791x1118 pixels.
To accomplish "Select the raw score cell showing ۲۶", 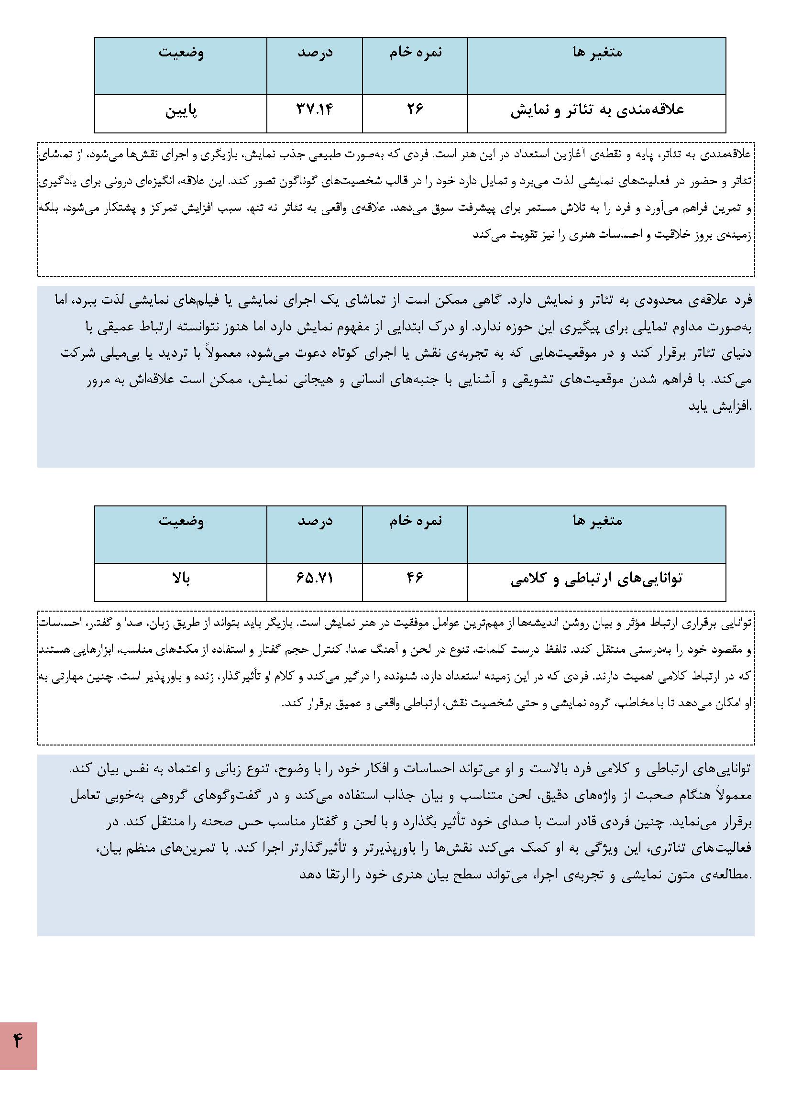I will (x=415, y=110).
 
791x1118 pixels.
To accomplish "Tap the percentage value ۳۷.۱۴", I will (x=315, y=110).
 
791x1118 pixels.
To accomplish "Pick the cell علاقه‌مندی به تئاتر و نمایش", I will (x=597, y=110).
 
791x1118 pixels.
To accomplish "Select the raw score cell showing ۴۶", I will (x=415, y=578).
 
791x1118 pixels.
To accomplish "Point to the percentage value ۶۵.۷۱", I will (x=315, y=578).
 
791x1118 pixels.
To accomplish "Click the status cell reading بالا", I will (x=181, y=579).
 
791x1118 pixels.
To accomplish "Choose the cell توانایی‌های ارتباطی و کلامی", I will (x=597, y=579).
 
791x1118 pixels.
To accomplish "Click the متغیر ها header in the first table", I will (x=597, y=52).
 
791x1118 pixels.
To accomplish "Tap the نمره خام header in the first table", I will (x=415, y=52).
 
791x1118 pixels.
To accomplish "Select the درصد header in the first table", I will (x=315, y=52).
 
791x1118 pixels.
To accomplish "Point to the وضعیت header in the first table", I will (x=181, y=52).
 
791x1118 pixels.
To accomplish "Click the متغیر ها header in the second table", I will (x=597, y=521).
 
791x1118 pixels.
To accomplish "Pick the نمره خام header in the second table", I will (x=415, y=521).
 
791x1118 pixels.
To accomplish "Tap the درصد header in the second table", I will (x=315, y=521).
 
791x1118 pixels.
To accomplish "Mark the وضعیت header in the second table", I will (x=181, y=521).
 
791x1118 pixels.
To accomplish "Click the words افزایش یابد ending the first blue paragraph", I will (x=720, y=406).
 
